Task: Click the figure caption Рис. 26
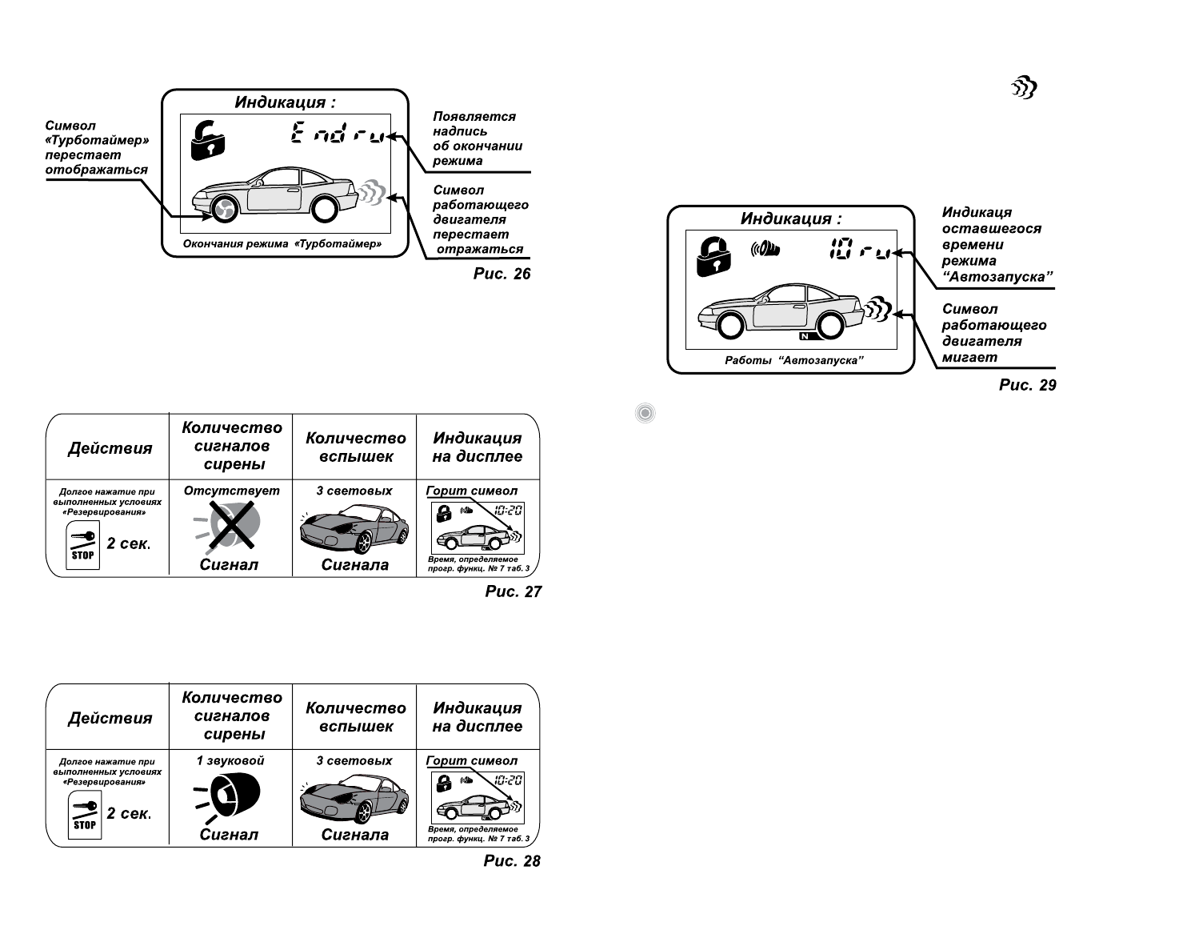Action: (502, 274)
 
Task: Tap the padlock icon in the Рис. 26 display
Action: (207, 138)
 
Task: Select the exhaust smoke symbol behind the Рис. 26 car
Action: (372, 191)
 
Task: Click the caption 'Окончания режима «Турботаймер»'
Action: (282, 244)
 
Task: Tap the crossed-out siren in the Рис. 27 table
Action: (232, 526)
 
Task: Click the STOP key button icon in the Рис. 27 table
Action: (83, 547)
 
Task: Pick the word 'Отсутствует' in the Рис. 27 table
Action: (232, 491)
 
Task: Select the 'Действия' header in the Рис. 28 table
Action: (110, 718)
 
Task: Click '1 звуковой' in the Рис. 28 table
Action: (230, 760)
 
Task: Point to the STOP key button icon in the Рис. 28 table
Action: (84, 816)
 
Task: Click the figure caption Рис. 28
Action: (512, 861)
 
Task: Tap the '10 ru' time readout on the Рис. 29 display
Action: (860, 251)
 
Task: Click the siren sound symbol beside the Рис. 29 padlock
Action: (765, 250)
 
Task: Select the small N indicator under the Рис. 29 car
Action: (805, 335)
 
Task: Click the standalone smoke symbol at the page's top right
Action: (1025, 88)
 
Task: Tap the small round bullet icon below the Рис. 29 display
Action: (645, 413)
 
